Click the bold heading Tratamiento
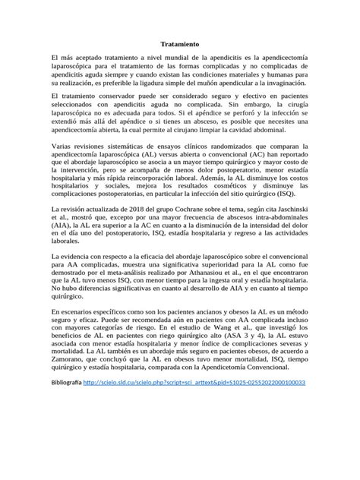180,45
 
